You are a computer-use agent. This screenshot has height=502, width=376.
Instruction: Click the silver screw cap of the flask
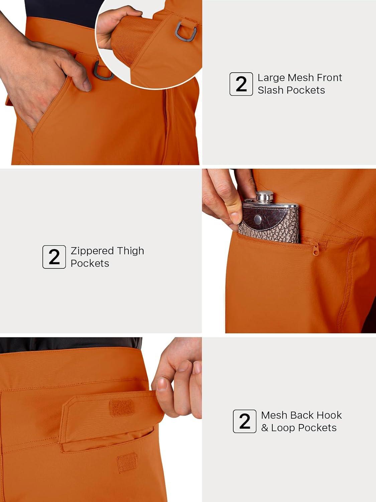(265, 197)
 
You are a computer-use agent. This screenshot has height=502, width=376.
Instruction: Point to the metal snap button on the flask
(258, 219)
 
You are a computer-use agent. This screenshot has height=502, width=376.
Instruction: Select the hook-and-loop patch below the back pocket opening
(127, 463)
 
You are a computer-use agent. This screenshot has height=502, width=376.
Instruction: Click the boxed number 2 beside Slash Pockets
(241, 84)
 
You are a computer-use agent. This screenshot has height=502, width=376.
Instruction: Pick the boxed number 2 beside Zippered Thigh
(54, 257)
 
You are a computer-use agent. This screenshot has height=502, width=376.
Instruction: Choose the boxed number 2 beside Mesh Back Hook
(245, 421)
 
